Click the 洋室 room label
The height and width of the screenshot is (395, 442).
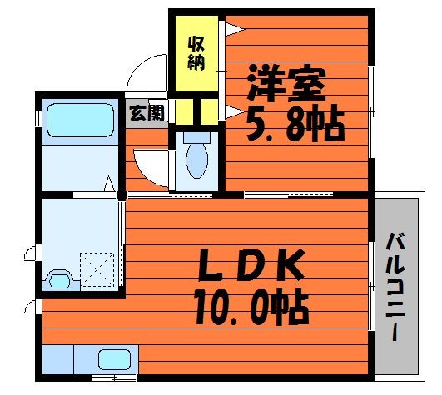tap(286, 83)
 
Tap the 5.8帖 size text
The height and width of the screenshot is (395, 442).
tap(295, 123)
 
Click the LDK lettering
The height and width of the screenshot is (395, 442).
tap(251, 265)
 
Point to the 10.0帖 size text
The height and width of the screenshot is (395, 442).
tap(251, 307)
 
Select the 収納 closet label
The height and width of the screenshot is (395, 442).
tap(196, 53)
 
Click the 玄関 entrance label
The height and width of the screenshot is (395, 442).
tap(147, 112)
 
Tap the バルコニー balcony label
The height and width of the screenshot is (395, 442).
tap(396, 287)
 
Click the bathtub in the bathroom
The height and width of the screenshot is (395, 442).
tap(81, 121)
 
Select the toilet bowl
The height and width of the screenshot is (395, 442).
tap(197, 160)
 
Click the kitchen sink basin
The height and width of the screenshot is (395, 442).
tap(114, 359)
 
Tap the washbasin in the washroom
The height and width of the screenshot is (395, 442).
tap(59, 280)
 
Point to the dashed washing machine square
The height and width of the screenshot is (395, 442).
tap(97, 269)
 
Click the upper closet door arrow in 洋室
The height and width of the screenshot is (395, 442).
tap(235, 29)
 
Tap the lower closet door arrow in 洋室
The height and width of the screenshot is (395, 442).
tap(235, 112)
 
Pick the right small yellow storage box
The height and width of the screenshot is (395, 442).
tap(210, 111)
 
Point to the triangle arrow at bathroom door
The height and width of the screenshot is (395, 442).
tap(109, 184)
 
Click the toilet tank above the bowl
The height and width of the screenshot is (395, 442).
tap(196, 137)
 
